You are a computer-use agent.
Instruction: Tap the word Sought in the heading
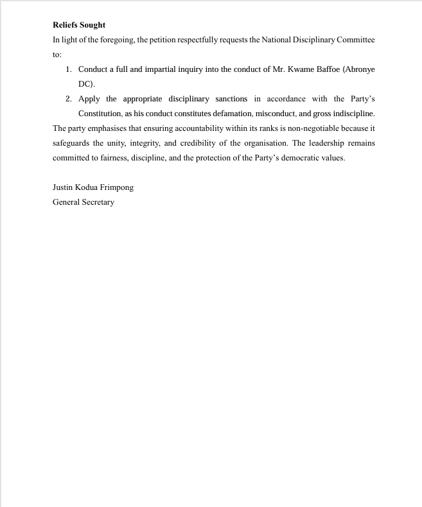tap(93, 25)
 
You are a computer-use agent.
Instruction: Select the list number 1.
tap(69, 69)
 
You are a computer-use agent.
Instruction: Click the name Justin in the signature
tap(63, 187)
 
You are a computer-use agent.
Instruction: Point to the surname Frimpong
tap(117, 187)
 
